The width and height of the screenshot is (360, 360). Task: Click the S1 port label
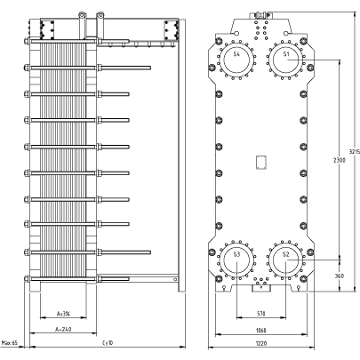(x=286, y=54)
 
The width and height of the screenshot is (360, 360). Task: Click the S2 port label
(x=285, y=254)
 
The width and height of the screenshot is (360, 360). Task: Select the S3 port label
(x=236, y=254)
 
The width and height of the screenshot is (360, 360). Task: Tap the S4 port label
(x=236, y=54)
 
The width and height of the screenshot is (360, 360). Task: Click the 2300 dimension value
(x=340, y=160)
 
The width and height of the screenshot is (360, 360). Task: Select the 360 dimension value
(x=340, y=276)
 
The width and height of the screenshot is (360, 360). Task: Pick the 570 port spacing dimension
(x=261, y=314)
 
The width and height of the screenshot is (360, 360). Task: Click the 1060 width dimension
(x=261, y=330)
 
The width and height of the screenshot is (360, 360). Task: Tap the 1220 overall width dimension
(x=261, y=343)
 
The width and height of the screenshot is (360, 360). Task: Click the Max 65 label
(x=10, y=343)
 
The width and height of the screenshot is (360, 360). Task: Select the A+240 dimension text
(x=63, y=329)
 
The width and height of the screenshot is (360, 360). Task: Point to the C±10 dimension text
(x=108, y=343)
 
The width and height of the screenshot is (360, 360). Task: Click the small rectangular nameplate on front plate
(x=261, y=163)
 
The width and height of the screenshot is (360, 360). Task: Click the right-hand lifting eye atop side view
(x=100, y=14)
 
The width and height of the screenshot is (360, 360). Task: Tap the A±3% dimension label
(x=63, y=314)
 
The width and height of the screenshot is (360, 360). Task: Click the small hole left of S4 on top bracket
(x=236, y=33)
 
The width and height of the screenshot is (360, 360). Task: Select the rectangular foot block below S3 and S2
(x=261, y=288)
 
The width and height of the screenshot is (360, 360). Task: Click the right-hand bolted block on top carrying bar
(x=171, y=30)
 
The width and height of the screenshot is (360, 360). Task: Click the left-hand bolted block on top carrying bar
(x=47, y=30)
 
